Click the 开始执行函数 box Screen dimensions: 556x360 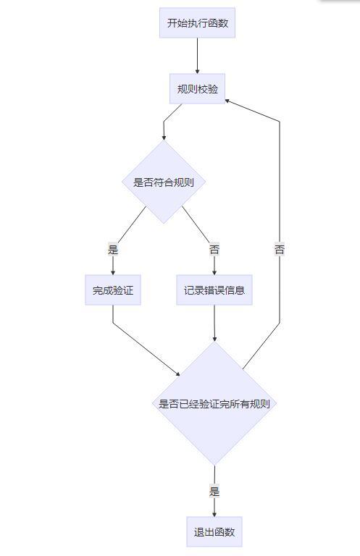pos(197,23)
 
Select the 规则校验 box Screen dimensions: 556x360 pos(197,89)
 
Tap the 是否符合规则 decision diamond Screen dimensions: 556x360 pos(164,182)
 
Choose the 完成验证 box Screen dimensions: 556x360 pos(112,290)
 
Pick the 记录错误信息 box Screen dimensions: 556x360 pos(214,290)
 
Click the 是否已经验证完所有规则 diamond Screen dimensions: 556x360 pos(214,404)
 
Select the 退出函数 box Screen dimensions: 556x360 pos(214,532)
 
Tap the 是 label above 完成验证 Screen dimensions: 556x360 pos(112,250)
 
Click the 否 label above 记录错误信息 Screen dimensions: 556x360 pos(214,250)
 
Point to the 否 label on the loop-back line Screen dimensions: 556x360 pos(280,250)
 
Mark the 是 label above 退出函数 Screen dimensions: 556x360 pos(214,492)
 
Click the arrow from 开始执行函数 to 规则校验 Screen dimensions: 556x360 pos(197,55)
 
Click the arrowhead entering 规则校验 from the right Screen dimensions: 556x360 pos(229,101)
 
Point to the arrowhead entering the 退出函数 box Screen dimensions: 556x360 pos(214,513)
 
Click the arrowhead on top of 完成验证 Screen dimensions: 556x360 pos(112,272)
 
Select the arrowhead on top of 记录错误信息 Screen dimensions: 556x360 pos(214,272)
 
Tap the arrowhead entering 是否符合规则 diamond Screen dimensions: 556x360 pos(164,137)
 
